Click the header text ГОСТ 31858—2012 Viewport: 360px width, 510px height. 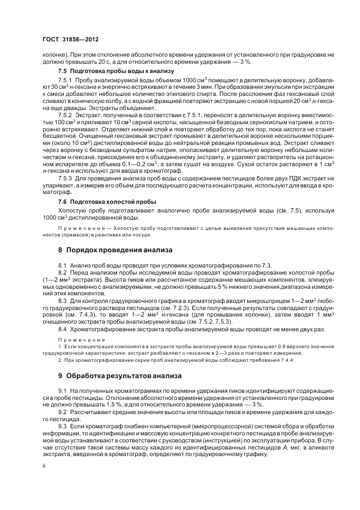tap(71, 40)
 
